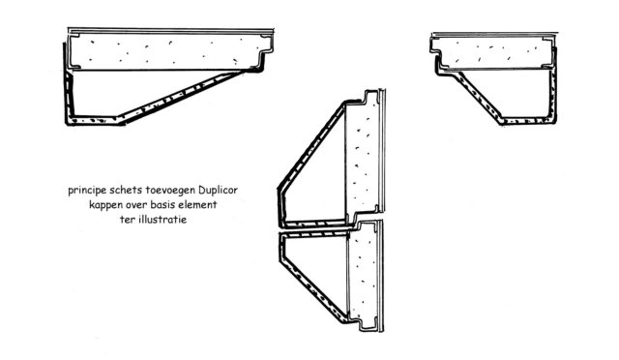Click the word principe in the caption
pyautogui.click(x=87, y=191)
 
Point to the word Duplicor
pyautogui.click(x=218, y=190)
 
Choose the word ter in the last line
pyautogui.click(x=127, y=220)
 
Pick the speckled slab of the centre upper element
pyautogui.click(x=361, y=154)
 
